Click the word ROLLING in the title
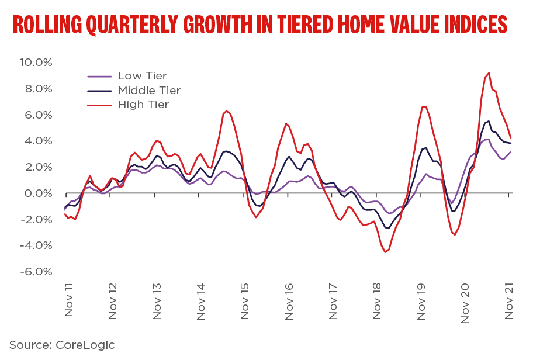pyautogui.click(x=47, y=25)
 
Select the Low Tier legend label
pyautogui.click(x=142, y=76)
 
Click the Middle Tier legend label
pyautogui.click(x=149, y=91)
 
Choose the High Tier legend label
pyautogui.click(x=143, y=105)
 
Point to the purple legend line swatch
pyautogui.click(x=99, y=76)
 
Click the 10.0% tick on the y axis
pyautogui.click(x=36, y=63)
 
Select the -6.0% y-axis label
pyautogui.click(x=36, y=272)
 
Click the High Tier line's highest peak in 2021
pyautogui.click(x=489, y=73)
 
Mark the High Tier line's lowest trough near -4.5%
pyautogui.click(x=385, y=252)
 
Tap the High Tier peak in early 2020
pyautogui.click(x=424, y=107)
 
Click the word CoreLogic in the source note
pyautogui.click(x=85, y=345)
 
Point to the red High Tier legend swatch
pyautogui.click(x=99, y=105)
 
